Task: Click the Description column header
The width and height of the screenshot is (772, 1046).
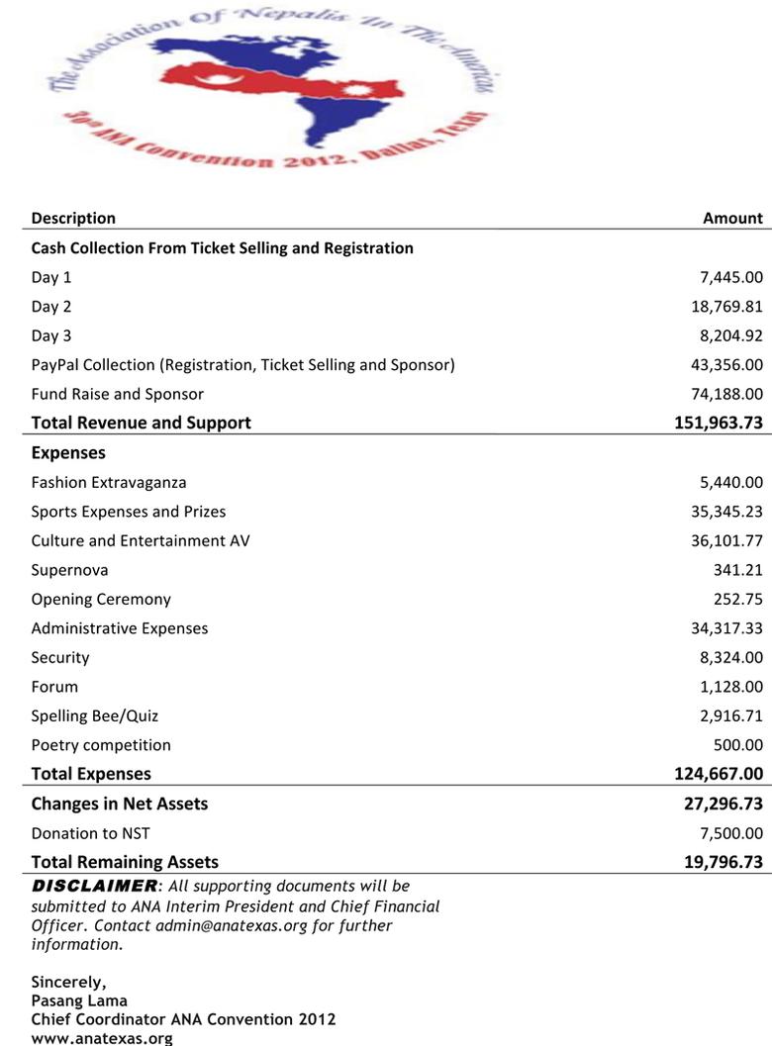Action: [x=73, y=218]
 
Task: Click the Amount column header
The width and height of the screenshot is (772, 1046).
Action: [x=732, y=218]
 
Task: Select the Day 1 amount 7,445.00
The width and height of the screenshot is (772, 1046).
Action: [x=730, y=278]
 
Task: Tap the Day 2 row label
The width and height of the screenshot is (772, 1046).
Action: [x=51, y=307]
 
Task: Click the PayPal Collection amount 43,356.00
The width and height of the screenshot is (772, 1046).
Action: [x=726, y=365]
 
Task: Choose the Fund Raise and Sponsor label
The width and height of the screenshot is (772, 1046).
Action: [x=117, y=394]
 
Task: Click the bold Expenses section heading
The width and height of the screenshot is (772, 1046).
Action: [x=68, y=452]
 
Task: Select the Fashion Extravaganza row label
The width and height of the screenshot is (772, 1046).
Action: [x=109, y=483]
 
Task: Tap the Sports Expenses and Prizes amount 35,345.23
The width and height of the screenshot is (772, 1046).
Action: [x=726, y=512]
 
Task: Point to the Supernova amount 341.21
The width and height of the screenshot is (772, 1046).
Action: [x=737, y=570]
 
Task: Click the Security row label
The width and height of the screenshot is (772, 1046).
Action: [x=60, y=657]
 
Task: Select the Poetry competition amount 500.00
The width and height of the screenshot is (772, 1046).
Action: [x=737, y=744]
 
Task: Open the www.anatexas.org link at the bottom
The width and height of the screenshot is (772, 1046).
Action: [x=102, y=1038]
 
